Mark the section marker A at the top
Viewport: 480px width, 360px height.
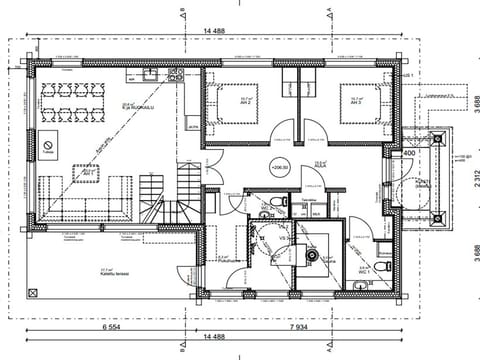coord(331,12)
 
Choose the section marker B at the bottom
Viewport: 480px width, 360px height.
coord(181,350)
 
